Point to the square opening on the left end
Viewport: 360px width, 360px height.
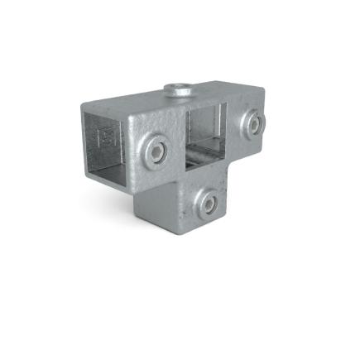click(x=108, y=141)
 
